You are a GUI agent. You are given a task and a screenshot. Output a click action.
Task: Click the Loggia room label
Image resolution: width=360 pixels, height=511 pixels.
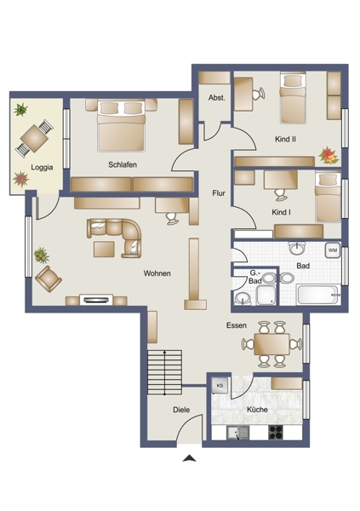(42, 168)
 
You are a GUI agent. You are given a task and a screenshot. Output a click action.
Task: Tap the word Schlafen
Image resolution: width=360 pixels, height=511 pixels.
(123, 164)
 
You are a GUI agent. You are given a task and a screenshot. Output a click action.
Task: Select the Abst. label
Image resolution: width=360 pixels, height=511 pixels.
(217, 97)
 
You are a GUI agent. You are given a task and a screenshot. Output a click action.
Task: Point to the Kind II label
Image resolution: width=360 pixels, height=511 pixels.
(285, 139)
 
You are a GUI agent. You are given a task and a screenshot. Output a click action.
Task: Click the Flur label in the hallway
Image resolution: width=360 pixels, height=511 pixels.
(219, 193)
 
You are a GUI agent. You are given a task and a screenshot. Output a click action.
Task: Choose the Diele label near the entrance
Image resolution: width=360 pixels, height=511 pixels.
(181, 410)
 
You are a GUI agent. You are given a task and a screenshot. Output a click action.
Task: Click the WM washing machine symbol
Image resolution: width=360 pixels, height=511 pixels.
(333, 250)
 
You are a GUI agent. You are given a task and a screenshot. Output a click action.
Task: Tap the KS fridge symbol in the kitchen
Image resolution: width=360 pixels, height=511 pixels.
(220, 386)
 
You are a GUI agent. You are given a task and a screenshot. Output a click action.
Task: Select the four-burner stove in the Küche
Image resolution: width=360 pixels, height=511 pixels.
(277, 433)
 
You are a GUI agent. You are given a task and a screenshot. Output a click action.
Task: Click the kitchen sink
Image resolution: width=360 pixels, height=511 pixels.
(237, 433)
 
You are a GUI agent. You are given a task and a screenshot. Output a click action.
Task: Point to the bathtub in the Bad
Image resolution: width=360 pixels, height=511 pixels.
(318, 295)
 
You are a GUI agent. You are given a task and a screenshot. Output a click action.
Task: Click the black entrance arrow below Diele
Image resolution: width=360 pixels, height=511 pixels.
(189, 459)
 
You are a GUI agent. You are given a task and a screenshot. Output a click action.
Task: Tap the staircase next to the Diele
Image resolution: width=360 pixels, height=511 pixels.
(165, 372)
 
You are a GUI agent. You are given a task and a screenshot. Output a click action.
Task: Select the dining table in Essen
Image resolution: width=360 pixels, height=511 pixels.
(271, 344)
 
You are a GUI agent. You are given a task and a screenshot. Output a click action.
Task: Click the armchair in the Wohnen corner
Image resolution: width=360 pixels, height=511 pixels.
(49, 278)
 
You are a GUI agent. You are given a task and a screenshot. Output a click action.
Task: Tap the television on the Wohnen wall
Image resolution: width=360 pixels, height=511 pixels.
(96, 300)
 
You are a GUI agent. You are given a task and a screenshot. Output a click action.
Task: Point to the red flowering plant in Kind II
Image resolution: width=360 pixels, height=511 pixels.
(329, 155)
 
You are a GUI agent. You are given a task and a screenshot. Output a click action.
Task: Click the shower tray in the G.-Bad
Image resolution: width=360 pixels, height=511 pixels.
(266, 296)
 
